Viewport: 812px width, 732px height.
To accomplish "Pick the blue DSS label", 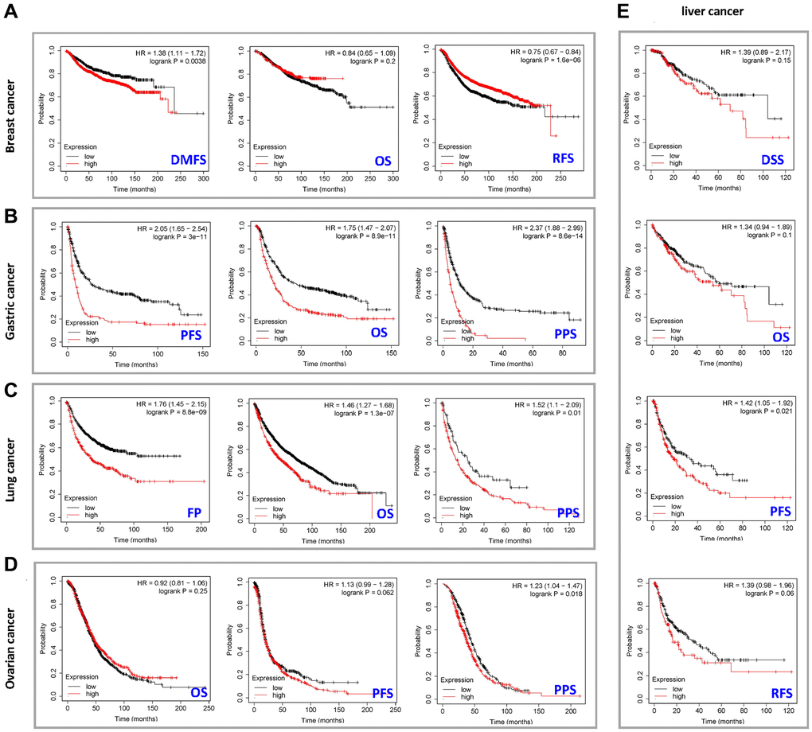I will click(770, 159).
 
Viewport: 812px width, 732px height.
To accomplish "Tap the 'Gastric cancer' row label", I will click(10, 278).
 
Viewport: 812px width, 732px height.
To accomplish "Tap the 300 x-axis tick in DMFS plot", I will click(203, 181).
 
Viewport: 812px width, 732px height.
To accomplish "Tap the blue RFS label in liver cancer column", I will click(770, 697).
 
